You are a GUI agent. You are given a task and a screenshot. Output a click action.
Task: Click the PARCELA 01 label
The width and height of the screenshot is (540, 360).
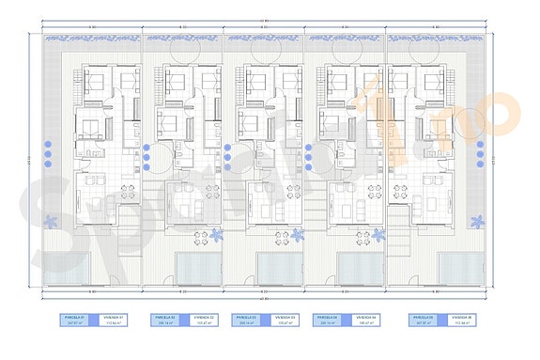[71, 318]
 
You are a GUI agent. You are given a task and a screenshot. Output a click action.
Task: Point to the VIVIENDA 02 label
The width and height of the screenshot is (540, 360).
[204, 318]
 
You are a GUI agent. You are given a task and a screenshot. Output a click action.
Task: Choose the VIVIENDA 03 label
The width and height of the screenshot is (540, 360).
[285, 318]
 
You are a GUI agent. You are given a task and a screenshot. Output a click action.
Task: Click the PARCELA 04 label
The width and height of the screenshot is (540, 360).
[328, 318]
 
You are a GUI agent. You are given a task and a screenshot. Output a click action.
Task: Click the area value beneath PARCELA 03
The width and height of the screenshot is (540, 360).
[246, 324]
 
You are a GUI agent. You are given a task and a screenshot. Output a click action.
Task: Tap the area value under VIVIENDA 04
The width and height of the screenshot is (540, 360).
[365, 324]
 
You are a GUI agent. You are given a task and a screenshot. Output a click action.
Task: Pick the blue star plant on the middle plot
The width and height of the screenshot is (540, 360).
[299, 235]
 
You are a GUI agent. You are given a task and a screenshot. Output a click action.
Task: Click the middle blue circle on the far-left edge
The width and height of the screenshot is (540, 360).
[48, 156]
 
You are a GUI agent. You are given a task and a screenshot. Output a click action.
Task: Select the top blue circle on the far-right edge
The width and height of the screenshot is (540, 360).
[480, 146]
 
